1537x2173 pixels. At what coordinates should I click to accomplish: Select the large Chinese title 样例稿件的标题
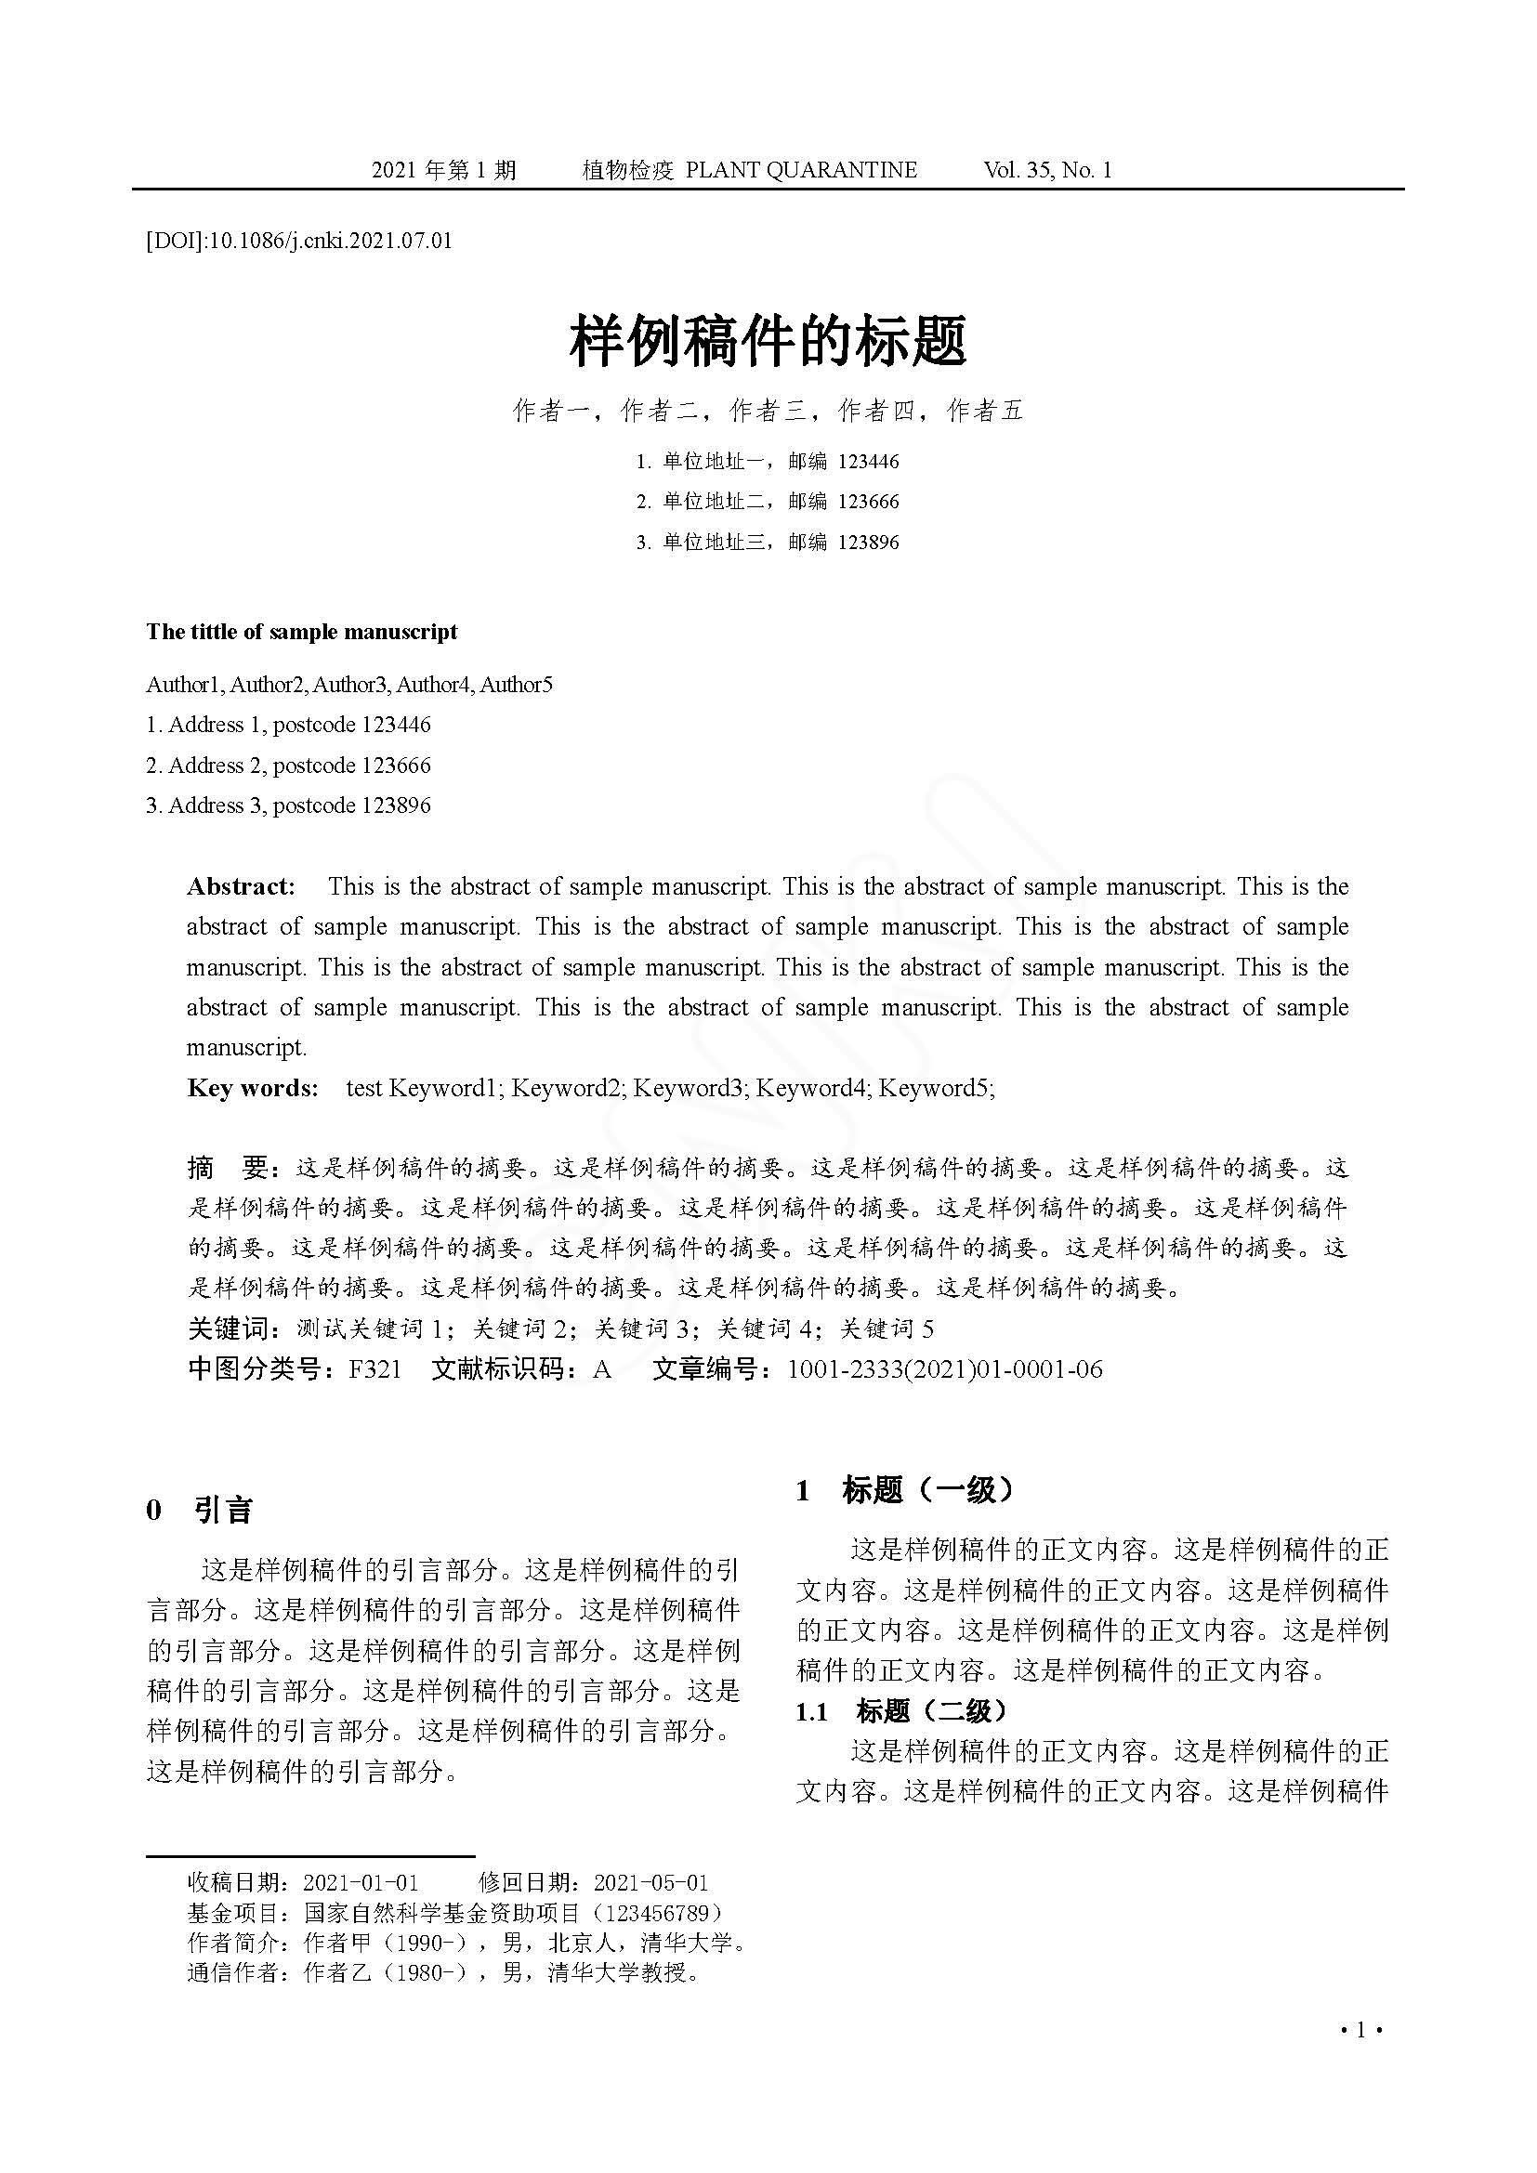(x=768, y=341)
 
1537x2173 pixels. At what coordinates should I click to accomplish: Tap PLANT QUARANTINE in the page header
(x=801, y=170)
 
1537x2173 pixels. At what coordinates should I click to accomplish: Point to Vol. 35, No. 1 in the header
(x=1047, y=170)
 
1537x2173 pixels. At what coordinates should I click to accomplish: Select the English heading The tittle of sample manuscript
(x=302, y=633)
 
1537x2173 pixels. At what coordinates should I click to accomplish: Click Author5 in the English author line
(x=516, y=685)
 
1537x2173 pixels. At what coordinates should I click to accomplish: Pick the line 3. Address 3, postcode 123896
(x=289, y=805)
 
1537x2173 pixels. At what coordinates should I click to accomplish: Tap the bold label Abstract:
(x=242, y=887)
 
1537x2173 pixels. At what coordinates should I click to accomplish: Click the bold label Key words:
(x=253, y=1089)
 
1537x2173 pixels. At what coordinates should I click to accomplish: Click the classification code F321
(x=375, y=1369)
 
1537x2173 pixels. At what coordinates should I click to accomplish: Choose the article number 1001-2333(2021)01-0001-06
(x=944, y=1369)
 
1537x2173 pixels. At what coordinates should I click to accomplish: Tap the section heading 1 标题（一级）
(x=904, y=1490)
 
